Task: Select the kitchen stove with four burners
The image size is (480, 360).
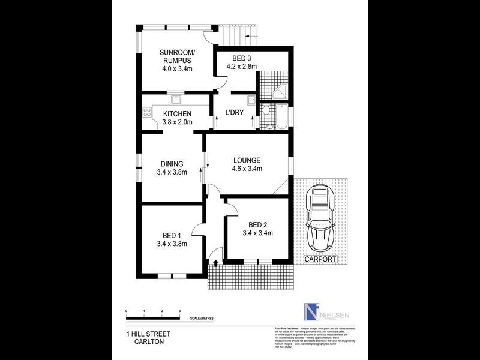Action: [147, 112]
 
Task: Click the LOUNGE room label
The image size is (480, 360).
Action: [247, 160]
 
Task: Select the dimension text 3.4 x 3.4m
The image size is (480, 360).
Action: [258, 233]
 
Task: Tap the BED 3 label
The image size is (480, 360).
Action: [240, 58]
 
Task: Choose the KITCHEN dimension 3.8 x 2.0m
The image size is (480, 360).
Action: [177, 123]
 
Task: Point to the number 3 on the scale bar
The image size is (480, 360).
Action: [180, 310]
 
